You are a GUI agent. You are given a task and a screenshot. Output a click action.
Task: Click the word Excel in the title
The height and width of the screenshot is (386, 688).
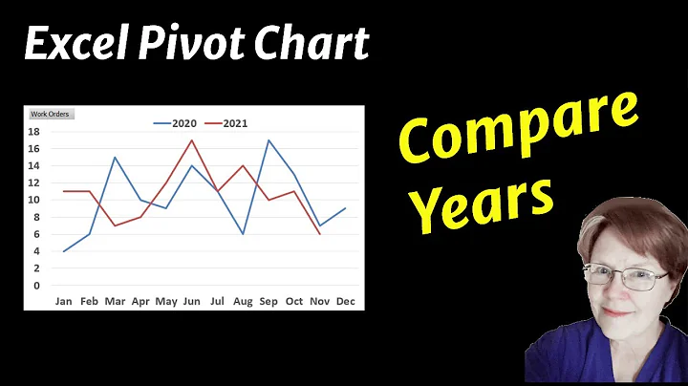pyautogui.click(x=68, y=44)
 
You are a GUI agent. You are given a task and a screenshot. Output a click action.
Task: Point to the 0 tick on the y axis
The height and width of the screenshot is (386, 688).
pyautogui.click(x=36, y=286)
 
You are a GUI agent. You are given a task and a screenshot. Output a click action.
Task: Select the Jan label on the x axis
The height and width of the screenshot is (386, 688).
pyautogui.click(x=63, y=301)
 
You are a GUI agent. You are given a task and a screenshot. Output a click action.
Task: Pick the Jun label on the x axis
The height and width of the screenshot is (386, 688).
pyautogui.click(x=192, y=301)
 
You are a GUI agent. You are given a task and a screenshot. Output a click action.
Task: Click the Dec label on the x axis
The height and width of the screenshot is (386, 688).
pyautogui.click(x=345, y=301)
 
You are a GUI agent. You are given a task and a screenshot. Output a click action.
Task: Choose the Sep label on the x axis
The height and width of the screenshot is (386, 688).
pyautogui.click(x=269, y=301)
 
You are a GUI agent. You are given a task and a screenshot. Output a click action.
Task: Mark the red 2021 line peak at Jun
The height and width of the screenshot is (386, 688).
pyautogui.click(x=192, y=140)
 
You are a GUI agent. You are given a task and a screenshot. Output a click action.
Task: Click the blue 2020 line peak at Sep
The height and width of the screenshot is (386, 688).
pyautogui.click(x=269, y=140)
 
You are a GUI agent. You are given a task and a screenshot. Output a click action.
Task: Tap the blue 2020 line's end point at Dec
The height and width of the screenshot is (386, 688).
pyautogui.click(x=345, y=208)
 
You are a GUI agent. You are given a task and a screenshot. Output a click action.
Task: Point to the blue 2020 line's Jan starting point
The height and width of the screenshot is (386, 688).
pyautogui.click(x=64, y=251)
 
